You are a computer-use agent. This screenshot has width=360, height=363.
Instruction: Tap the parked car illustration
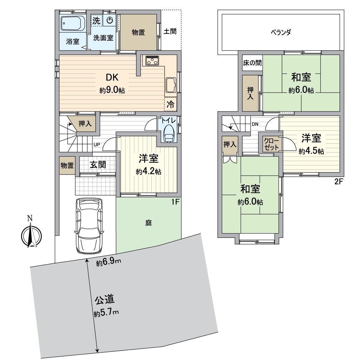89,225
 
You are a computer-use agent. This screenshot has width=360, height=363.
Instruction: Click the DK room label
112,77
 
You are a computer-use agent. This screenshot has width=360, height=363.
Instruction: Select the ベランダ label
281,32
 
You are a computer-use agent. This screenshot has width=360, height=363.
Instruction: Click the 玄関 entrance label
98,164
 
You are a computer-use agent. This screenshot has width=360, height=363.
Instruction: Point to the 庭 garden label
149,223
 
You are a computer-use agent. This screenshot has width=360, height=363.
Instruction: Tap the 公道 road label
105,300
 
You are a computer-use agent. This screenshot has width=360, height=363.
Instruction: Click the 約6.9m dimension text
108,263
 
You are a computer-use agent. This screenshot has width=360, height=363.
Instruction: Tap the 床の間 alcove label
252,63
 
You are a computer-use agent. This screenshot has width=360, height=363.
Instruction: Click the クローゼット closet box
272,144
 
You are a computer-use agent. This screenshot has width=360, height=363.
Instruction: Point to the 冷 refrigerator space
171,105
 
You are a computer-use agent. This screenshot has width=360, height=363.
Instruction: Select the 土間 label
170,31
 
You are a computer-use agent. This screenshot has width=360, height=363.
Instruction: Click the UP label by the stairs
97,144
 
